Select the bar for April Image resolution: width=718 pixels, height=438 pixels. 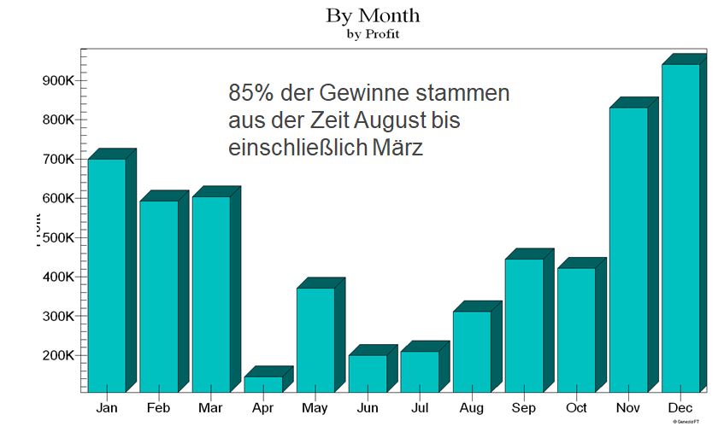(263, 383)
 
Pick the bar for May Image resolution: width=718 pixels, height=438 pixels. (315, 340)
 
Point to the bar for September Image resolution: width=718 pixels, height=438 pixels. (524, 325)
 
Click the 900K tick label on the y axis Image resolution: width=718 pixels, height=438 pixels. (59, 80)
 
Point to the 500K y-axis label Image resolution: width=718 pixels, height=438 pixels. (59, 237)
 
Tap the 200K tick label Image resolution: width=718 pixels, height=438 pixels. (59, 355)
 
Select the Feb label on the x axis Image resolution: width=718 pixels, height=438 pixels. (158, 408)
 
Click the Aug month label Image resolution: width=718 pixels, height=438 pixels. (472, 408)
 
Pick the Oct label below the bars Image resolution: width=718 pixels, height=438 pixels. (576, 408)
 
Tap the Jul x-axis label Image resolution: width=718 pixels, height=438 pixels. (420, 408)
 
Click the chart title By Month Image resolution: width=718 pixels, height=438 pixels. (373, 16)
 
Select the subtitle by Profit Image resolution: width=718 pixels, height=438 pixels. (373, 35)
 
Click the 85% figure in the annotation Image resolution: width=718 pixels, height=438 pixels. (247, 92)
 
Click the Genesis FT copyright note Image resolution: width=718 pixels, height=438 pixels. (689, 422)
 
